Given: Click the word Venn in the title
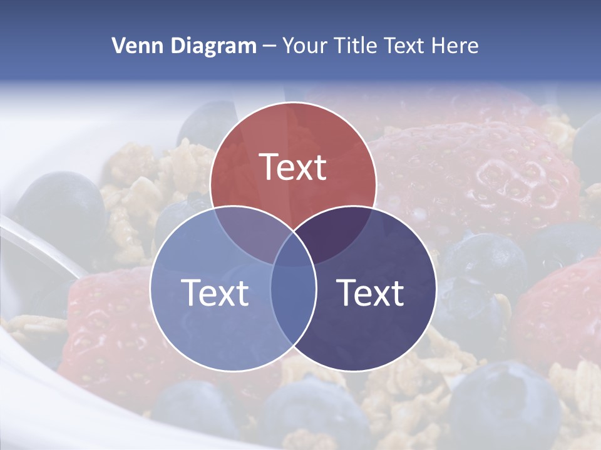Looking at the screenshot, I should click(133, 46).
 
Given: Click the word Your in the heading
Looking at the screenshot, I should click(305, 46).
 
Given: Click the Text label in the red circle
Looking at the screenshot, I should click(293, 167).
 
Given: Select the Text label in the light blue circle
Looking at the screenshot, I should click(215, 292).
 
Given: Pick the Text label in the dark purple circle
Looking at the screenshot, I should click(371, 292).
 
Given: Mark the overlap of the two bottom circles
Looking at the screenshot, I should click(293, 300).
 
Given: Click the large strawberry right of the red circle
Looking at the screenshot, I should click(476, 175).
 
